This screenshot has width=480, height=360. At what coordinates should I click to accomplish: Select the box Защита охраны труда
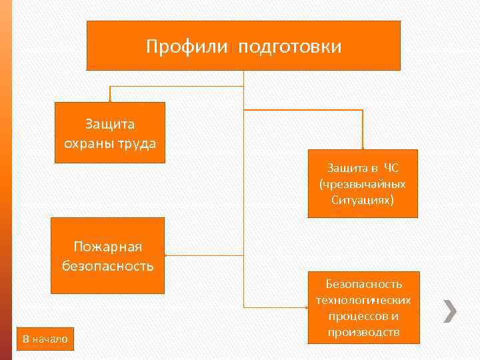tap(109, 133)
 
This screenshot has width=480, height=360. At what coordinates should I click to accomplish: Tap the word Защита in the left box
tap(110, 124)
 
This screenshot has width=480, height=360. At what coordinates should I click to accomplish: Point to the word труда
tap(136, 142)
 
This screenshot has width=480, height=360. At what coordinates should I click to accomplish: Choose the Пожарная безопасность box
tap(107, 255)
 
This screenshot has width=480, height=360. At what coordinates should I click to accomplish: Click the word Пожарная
tap(108, 247)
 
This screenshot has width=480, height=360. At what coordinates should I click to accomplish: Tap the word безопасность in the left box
tap(108, 265)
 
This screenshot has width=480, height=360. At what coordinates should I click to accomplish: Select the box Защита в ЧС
tap(363, 183)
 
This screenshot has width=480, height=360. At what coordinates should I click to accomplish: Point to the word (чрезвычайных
tap(363, 183)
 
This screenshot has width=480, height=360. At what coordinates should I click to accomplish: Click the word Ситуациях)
tap(363, 199)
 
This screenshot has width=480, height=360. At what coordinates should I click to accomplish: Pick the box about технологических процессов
tap(364, 307)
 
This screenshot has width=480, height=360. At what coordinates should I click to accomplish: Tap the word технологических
tap(364, 299)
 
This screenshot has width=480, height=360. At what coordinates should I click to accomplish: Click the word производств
tap(364, 331)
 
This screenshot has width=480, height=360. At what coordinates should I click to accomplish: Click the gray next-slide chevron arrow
tap(451, 310)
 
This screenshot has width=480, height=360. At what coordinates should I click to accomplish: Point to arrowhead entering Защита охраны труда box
tap(110, 100)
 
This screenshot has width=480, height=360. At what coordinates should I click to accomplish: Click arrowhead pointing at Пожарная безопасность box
tap(167, 255)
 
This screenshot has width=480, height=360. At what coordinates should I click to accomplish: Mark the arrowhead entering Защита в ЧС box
tap(363, 147)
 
